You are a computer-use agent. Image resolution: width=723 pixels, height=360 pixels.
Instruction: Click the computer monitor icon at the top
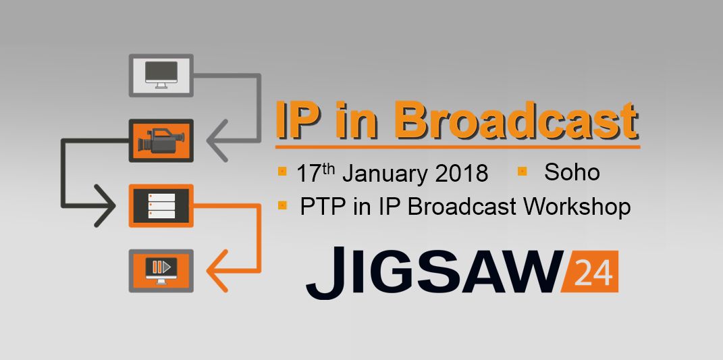(161, 75)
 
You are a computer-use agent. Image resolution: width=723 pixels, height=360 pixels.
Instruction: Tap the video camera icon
(161, 140)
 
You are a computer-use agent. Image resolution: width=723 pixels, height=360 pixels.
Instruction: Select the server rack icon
(161, 205)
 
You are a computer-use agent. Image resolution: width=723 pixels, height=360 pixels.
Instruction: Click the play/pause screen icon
(161, 270)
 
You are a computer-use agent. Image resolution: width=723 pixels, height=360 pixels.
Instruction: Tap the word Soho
(572, 172)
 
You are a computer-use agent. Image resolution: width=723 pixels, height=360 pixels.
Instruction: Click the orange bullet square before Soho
(522, 172)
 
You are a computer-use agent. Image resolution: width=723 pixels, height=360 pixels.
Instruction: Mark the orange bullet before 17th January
(282, 172)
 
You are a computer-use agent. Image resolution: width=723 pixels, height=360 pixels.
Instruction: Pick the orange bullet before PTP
(282, 205)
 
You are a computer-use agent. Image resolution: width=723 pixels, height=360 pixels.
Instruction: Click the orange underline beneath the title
(458, 147)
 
